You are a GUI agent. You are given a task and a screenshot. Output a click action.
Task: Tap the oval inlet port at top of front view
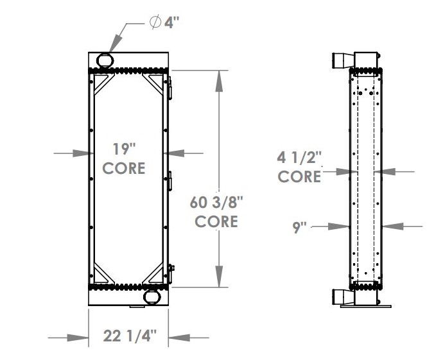[104, 60]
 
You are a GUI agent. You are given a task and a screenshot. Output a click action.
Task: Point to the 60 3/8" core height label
[216, 212]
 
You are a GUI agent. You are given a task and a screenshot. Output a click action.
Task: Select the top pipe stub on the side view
[340, 61]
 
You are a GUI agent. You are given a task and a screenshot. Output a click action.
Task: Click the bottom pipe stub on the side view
[340, 298]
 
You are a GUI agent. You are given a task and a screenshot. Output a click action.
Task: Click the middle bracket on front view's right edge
[171, 180]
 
